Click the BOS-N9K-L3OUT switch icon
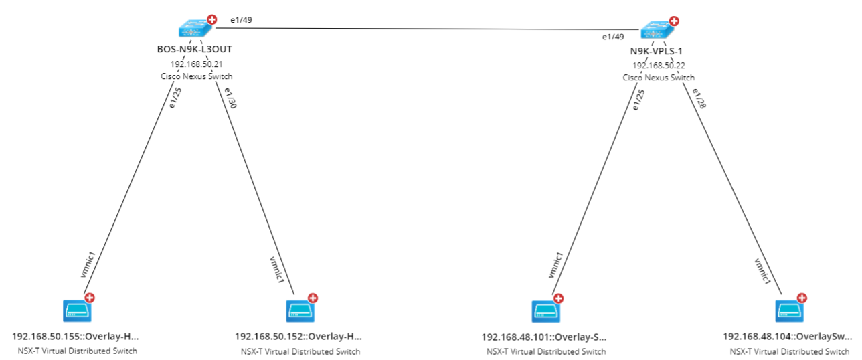pyautogui.click(x=195, y=29)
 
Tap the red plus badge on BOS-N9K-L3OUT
pyautogui.click(x=211, y=20)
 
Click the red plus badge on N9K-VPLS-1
pyautogui.click(x=673, y=21)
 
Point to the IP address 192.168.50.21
pyautogui.click(x=196, y=64)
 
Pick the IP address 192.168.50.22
pyautogui.click(x=658, y=66)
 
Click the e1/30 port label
pyautogui.click(x=232, y=100)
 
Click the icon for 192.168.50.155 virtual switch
pyautogui.click(x=76, y=310)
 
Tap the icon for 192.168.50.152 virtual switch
pyautogui.click(x=299, y=310)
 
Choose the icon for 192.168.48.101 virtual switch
pyautogui.click(x=545, y=311)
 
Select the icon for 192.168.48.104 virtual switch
pyautogui.click(x=789, y=311)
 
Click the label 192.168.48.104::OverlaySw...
pyautogui.click(x=787, y=337)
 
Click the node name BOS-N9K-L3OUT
pyautogui.click(x=196, y=49)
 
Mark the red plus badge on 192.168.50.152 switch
pyautogui.click(x=312, y=298)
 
